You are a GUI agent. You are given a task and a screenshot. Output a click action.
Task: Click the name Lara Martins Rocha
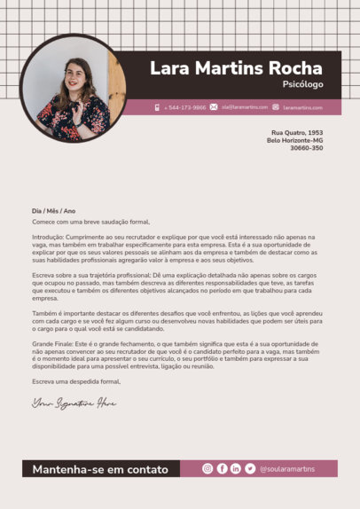(237, 68)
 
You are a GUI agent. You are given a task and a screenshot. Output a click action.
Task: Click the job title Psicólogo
(302, 85)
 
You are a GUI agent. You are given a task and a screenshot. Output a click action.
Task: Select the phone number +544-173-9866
(185, 107)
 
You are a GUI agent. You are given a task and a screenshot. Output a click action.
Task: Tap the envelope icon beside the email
(214, 107)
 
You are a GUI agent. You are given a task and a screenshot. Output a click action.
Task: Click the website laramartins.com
(302, 107)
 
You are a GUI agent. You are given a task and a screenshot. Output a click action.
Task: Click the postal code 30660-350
(306, 148)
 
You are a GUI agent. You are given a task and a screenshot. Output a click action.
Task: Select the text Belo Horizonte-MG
(294, 140)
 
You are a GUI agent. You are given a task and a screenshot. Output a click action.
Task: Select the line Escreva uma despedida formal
(76, 381)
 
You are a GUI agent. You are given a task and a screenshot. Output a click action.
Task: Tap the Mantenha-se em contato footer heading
(100, 469)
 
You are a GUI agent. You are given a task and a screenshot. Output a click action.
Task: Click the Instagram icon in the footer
(207, 468)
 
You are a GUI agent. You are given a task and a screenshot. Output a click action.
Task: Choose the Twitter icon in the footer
(250, 468)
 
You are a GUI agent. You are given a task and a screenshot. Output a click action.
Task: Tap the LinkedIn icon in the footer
(236, 468)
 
